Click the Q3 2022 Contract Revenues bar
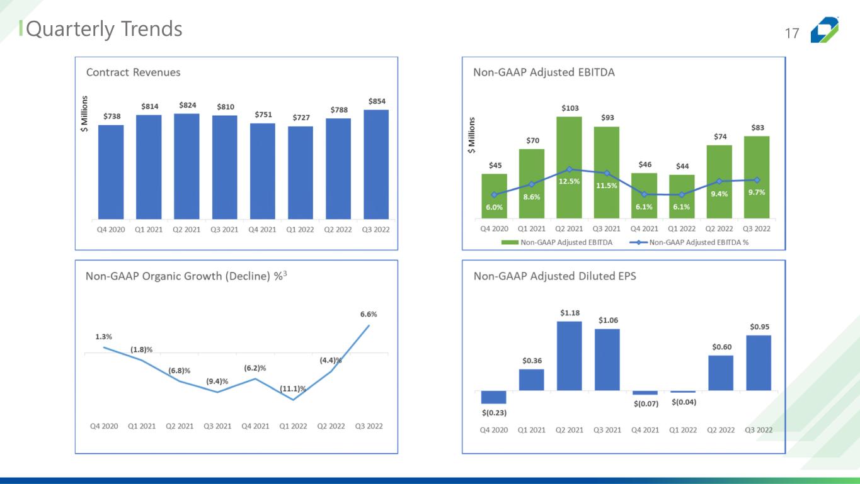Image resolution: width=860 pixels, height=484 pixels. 376,164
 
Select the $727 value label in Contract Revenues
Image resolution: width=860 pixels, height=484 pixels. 301,118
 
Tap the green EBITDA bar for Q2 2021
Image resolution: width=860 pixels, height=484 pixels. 569,167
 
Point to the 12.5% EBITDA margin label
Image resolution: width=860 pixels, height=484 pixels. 569,181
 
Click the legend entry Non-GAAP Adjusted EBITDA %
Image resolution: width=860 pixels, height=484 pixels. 699,242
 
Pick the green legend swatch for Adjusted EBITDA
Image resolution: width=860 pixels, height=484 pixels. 510,242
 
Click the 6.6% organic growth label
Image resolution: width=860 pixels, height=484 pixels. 369,314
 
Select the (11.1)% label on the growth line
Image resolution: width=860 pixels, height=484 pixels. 292,389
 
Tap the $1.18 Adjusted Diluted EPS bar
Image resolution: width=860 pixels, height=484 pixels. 569,356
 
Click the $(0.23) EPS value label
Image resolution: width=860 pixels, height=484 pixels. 494,413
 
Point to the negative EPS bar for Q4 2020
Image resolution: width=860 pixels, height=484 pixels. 493,397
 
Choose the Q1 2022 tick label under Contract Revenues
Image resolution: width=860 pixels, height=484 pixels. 300,230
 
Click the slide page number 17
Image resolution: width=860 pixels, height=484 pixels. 792,33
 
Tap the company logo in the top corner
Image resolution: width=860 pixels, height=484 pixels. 824,30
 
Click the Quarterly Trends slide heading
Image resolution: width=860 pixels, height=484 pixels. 104,29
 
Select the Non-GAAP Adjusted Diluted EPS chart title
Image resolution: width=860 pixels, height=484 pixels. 554,276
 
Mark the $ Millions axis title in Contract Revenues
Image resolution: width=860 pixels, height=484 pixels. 84,114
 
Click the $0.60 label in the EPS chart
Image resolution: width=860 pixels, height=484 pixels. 722,347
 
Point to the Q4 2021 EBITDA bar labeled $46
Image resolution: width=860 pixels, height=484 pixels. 644,196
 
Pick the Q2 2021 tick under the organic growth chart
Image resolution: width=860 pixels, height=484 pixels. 180,426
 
